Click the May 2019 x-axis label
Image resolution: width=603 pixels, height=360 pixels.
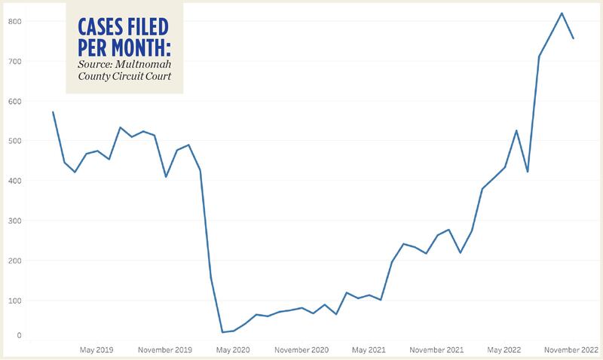(x=96, y=350)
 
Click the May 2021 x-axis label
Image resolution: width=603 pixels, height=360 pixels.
(x=369, y=350)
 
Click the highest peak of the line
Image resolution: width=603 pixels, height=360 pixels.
(x=562, y=13)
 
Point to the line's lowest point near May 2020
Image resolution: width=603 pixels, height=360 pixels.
(x=222, y=332)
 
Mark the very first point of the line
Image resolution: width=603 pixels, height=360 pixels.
(x=53, y=112)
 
